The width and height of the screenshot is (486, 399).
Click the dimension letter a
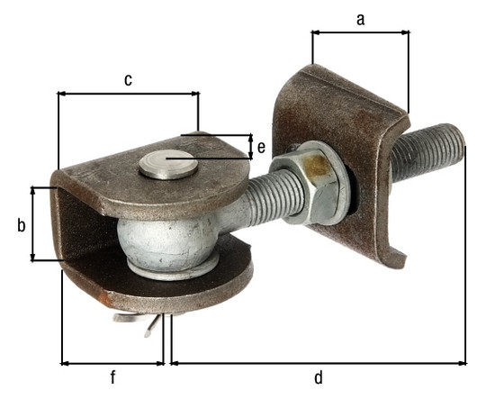pyautogui.click(x=360, y=20)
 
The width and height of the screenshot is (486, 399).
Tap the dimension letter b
pyautogui.click(x=21, y=225)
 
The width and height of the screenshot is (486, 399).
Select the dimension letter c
pyautogui.click(x=128, y=80)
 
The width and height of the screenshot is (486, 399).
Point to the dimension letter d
pyautogui.click(x=319, y=377)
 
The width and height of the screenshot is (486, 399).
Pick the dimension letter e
pyautogui.click(x=261, y=148)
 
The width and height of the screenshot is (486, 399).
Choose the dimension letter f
pyautogui.click(x=112, y=377)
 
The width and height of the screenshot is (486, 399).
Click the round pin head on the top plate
pyautogui.click(x=168, y=165)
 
